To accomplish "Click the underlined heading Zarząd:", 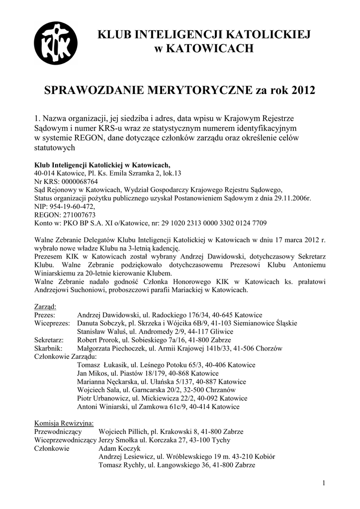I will pyautogui.click(x=45, y=306).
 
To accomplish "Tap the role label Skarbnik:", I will pyautogui.click(x=49, y=348).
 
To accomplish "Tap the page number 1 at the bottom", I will pyautogui.click(x=323, y=483).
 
